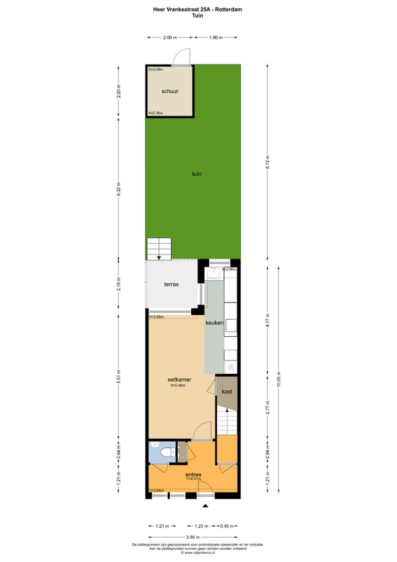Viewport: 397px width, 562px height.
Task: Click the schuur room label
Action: [x=170, y=91]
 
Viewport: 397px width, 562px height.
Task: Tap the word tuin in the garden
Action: [x=196, y=174]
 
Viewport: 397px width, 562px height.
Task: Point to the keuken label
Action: [x=214, y=322]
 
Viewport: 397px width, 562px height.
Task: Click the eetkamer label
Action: [x=179, y=380]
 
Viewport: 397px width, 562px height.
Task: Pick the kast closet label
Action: [x=227, y=391]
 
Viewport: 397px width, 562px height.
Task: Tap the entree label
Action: [x=194, y=474]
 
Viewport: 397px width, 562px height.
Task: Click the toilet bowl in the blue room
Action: [x=164, y=453]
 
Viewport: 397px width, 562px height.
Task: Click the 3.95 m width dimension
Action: [x=192, y=537]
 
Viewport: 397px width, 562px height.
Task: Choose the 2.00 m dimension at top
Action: [x=170, y=38]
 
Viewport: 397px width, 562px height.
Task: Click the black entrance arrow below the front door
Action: [x=205, y=506]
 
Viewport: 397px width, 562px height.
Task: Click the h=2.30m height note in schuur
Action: [x=156, y=113]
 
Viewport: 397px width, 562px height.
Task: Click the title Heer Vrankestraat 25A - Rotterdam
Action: [x=197, y=9]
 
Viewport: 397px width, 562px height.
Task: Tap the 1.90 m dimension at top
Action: [x=216, y=38]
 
